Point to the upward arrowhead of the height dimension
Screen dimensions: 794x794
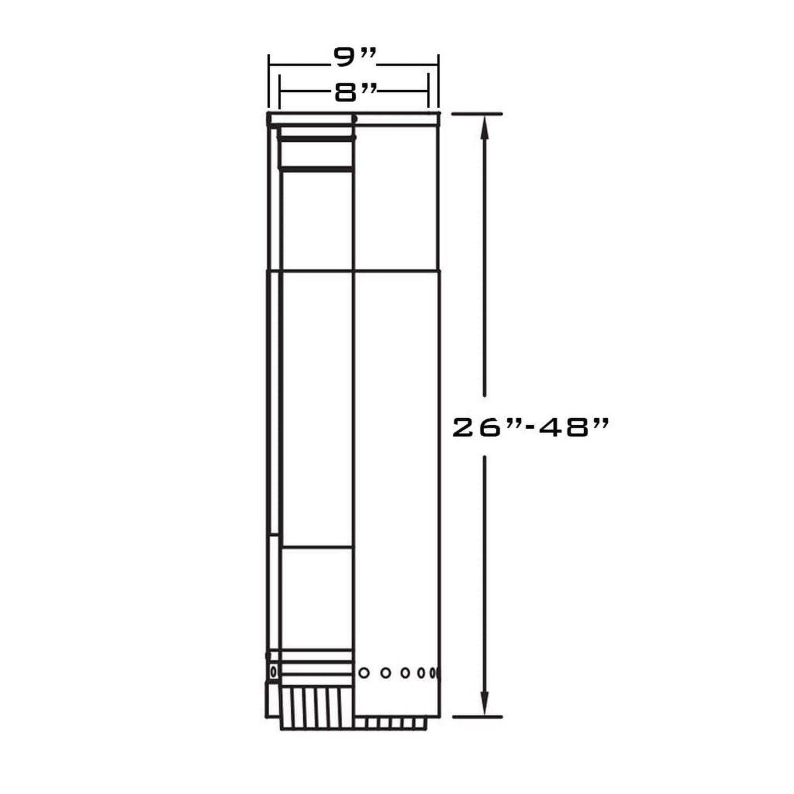[x=484, y=127]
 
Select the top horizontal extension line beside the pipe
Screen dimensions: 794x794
[x=476, y=114]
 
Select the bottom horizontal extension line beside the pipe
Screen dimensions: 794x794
[x=476, y=717]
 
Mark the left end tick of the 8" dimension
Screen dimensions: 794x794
[x=280, y=92]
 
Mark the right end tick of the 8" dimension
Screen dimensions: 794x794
[x=428, y=92]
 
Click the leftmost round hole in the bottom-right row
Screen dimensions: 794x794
[x=363, y=672]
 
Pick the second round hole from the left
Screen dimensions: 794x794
[x=386, y=672]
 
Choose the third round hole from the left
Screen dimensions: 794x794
[x=405, y=672]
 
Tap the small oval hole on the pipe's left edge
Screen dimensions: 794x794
[x=273, y=671]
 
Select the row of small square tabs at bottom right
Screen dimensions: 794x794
[x=390, y=723]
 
